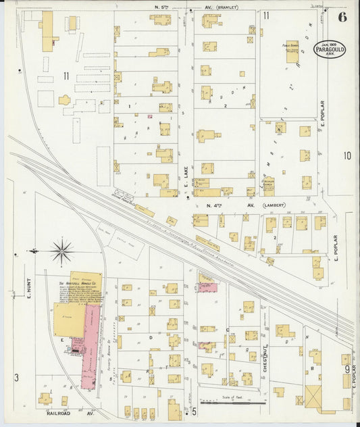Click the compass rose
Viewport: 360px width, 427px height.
click(62, 252)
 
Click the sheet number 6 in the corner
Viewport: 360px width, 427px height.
click(342, 17)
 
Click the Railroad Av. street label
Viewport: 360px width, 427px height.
click(68, 411)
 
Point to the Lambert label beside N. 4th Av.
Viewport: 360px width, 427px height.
click(274, 205)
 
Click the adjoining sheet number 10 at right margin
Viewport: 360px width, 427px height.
click(346, 155)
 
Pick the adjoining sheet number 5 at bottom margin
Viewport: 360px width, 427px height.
click(193, 411)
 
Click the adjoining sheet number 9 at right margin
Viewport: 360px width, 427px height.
click(347, 369)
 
